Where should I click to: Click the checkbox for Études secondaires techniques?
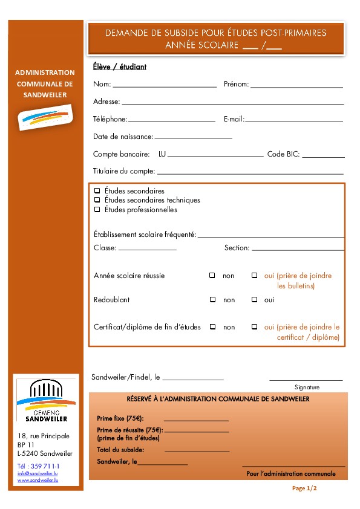(97, 200)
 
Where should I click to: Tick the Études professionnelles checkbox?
(97, 210)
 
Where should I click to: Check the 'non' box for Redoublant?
(212, 299)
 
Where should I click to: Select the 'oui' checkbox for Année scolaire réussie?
(255, 275)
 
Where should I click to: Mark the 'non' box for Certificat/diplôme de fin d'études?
(212, 326)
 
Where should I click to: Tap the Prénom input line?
(296, 86)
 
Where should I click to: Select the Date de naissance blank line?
(193, 138)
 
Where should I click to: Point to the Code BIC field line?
(323, 156)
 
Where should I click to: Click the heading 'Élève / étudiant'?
(120, 67)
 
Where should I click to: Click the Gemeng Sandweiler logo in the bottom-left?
(47, 401)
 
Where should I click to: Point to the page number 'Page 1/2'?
(304, 488)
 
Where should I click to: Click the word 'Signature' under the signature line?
(307, 387)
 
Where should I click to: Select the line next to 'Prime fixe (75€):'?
(196, 420)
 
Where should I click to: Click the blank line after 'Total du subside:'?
(197, 451)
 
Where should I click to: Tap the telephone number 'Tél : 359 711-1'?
(39, 466)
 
